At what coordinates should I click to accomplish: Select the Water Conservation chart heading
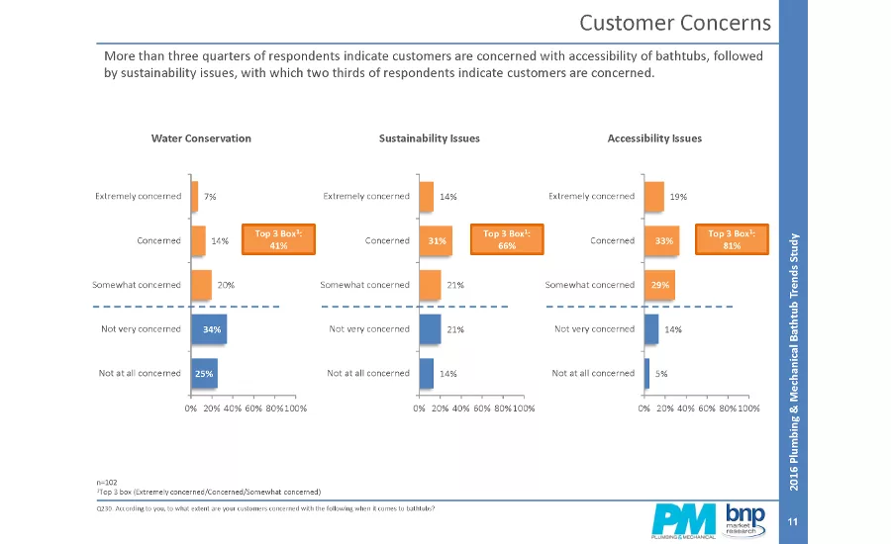coord(201,138)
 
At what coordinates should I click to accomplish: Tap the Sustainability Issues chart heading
coord(430,138)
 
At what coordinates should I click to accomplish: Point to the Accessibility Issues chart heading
coord(654,138)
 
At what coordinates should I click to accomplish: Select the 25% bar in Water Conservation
coord(203,373)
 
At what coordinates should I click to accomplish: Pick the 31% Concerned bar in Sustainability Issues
coord(435,240)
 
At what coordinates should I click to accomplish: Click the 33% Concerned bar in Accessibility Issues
coord(660,240)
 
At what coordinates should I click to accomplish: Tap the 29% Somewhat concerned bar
coord(659,285)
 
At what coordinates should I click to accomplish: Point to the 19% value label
coord(678,197)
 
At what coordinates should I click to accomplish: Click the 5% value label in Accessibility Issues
coord(661,373)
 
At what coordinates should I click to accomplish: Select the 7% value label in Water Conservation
coord(210,197)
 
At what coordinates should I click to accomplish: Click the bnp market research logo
coord(745,518)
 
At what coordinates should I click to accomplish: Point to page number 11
coord(792,521)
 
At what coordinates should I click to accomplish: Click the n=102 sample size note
coord(106,482)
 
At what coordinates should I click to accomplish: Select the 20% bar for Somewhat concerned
coord(201,285)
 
